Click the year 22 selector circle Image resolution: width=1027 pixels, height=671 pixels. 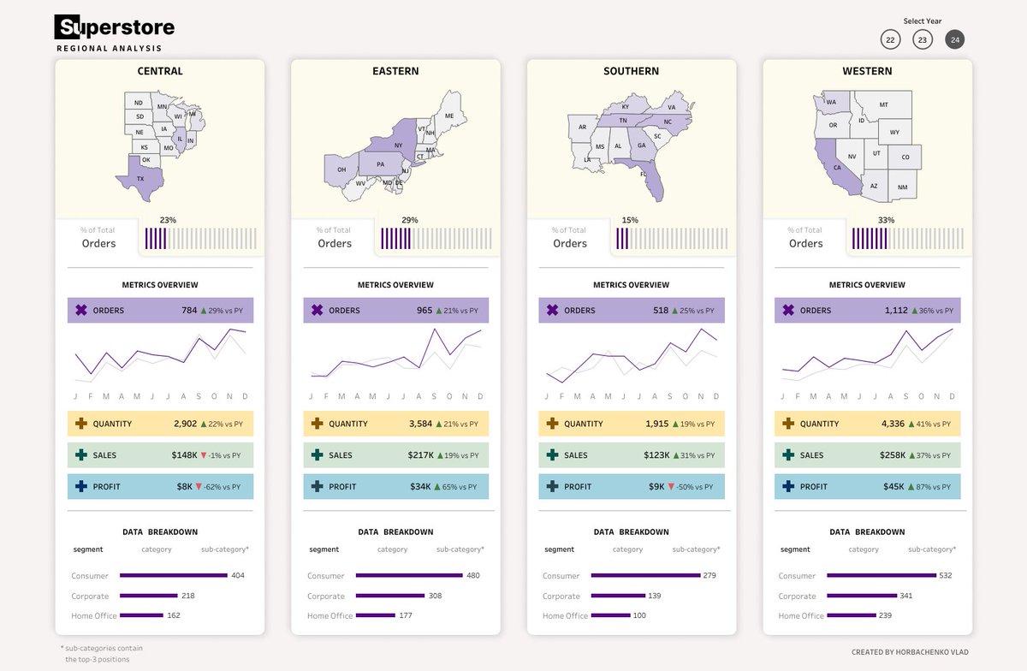click(x=891, y=39)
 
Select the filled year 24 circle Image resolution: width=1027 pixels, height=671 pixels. click(x=955, y=39)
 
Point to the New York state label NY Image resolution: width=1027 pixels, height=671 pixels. click(x=398, y=145)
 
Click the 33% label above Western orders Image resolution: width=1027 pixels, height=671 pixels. click(x=886, y=220)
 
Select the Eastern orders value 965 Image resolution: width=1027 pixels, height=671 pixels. click(x=424, y=311)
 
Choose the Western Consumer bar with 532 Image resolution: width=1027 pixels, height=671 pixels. click(x=882, y=576)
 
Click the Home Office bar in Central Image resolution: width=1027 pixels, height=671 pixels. click(x=141, y=615)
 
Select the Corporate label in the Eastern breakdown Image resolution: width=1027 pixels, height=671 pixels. click(x=326, y=597)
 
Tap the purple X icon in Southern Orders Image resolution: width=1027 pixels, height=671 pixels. click(x=553, y=311)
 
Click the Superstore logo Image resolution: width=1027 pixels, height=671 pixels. click(x=115, y=28)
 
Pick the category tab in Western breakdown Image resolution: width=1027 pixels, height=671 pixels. click(x=864, y=549)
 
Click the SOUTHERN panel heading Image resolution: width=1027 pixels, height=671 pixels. click(x=632, y=71)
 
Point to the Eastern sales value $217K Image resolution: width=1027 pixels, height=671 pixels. click(x=420, y=455)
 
